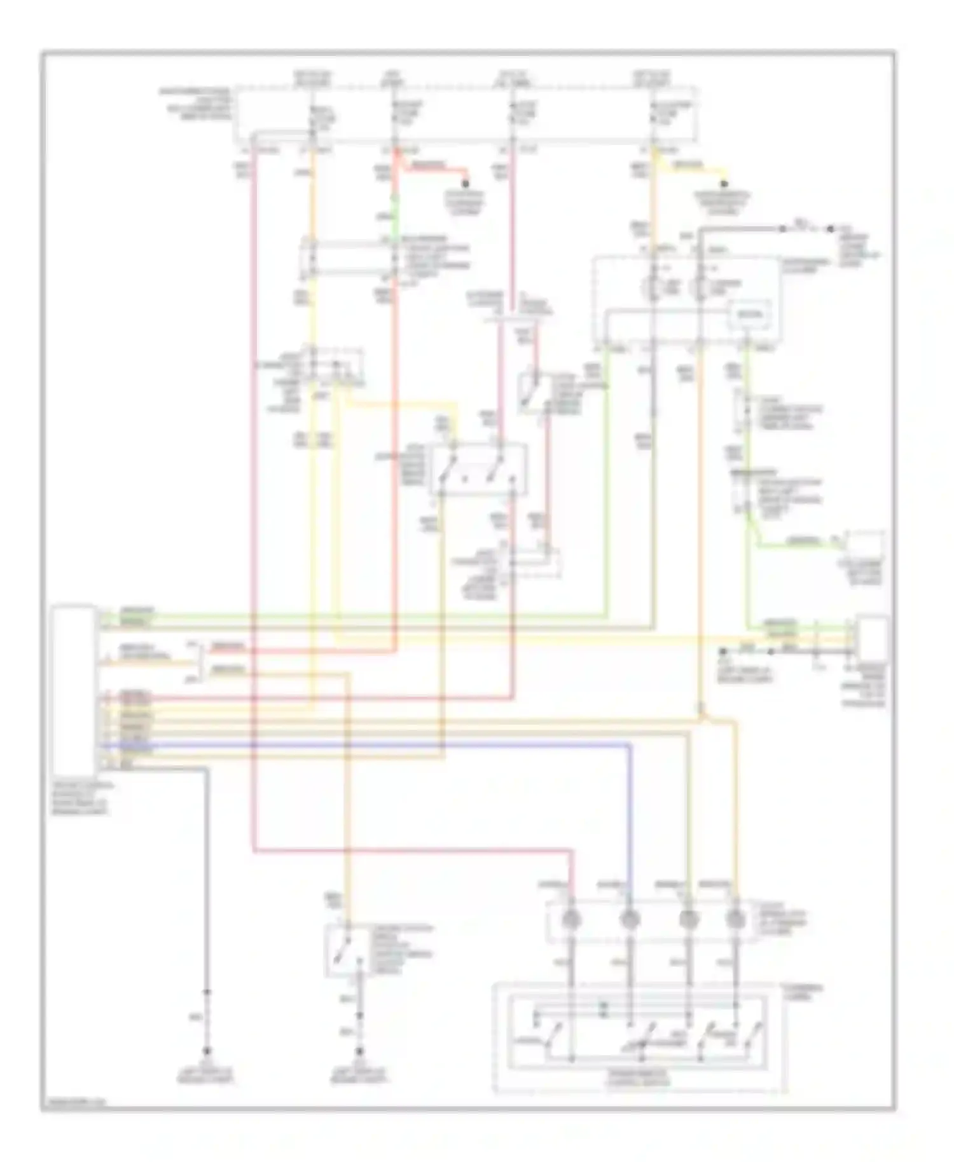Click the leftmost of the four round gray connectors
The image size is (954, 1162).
click(570, 919)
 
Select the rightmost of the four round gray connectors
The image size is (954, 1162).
click(735, 919)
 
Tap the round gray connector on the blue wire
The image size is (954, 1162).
click(630, 919)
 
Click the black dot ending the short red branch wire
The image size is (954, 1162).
click(466, 184)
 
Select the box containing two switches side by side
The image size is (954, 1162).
click(478, 470)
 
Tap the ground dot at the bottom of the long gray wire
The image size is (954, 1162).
click(206, 1051)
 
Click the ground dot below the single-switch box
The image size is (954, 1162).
click(360, 1051)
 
